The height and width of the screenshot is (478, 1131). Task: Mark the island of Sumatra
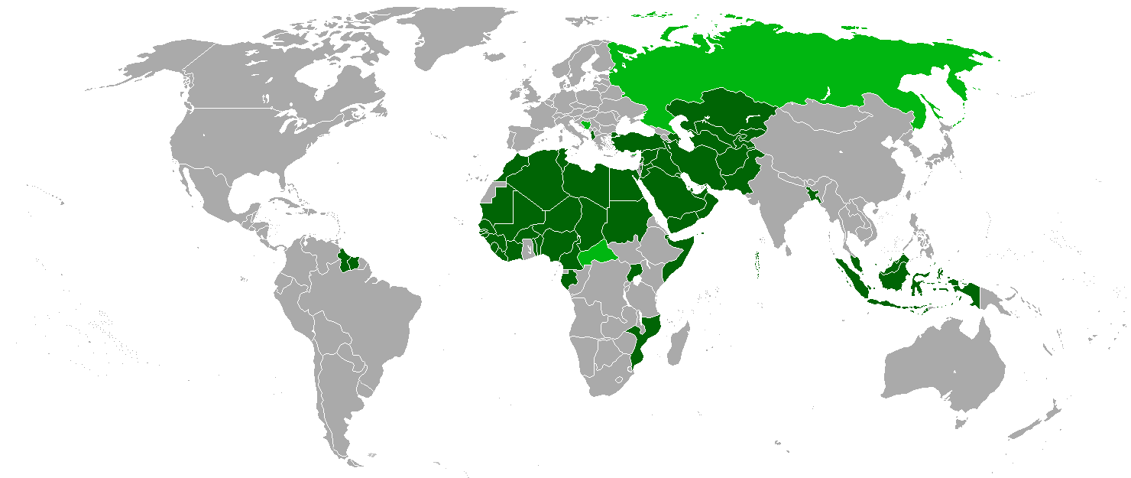point(852,279)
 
